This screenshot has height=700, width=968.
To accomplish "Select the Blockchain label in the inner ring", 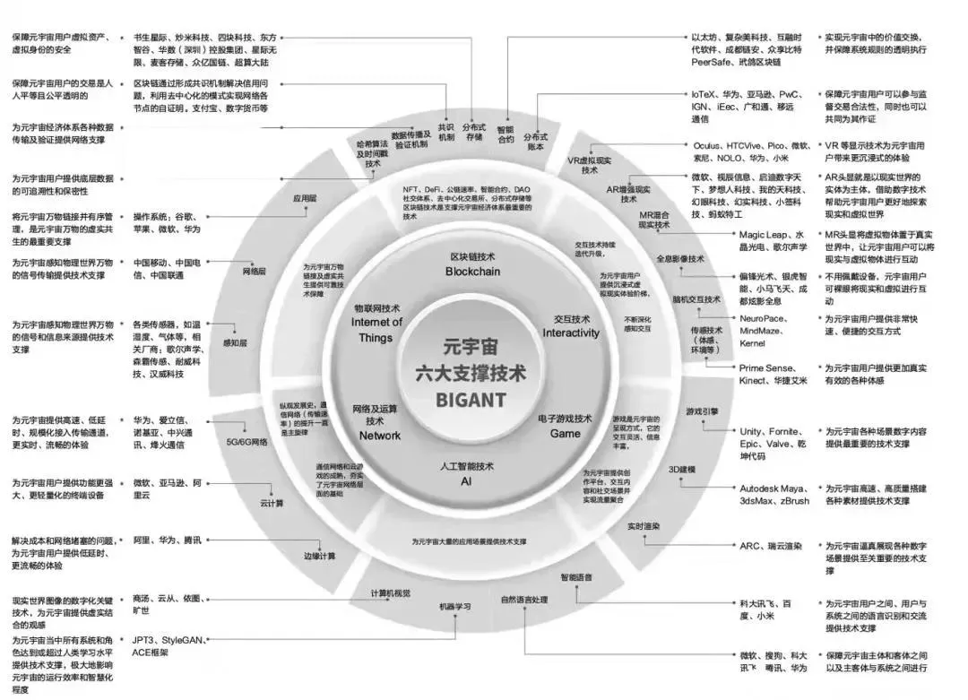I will [x=472, y=271].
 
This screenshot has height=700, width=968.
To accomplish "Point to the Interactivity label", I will [x=571, y=333].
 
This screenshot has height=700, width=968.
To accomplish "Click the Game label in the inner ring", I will [x=565, y=433].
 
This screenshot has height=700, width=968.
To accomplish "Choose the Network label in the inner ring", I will [x=380, y=436].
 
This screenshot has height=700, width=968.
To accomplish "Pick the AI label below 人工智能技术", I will [x=466, y=481].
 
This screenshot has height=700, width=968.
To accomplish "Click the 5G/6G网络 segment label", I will [x=246, y=442].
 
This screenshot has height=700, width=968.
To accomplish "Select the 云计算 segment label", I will [x=272, y=503].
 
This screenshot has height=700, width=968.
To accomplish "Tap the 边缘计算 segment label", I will [x=319, y=556].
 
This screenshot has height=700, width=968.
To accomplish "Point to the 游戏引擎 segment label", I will [x=702, y=411].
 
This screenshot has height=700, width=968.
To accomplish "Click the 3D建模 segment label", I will [x=681, y=470].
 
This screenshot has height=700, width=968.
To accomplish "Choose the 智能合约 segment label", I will [x=506, y=134].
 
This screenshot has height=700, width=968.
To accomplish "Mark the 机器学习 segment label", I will [x=454, y=607].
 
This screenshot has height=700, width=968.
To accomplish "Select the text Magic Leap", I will [x=765, y=234].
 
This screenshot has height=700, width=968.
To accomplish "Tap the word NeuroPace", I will [x=764, y=318].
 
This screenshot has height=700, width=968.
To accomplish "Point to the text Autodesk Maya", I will [x=772, y=488].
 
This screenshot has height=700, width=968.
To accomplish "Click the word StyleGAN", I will [x=181, y=640].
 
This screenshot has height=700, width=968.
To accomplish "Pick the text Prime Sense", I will [x=765, y=367].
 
